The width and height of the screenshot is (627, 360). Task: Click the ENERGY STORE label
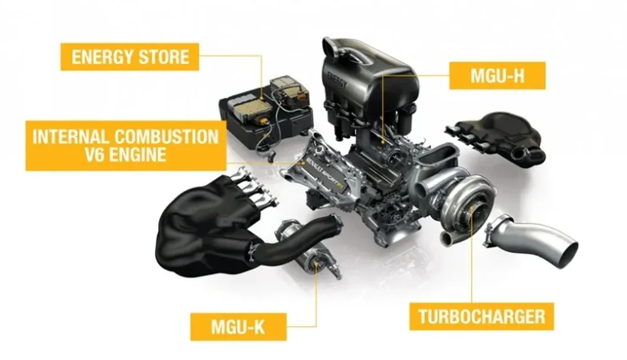tap(130, 56)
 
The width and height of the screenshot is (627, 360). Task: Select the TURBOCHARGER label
tap(482, 315)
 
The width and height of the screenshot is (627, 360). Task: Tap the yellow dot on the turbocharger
tap(473, 216)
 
